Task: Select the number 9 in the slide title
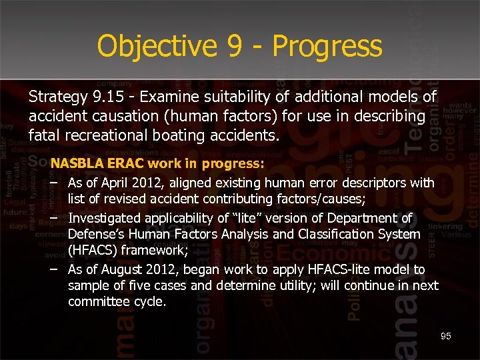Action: (x=231, y=47)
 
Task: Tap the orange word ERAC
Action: (x=125, y=163)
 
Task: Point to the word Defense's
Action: (x=97, y=234)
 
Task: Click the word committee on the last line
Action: (x=98, y=301)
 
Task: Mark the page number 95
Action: (x=446, y=336)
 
